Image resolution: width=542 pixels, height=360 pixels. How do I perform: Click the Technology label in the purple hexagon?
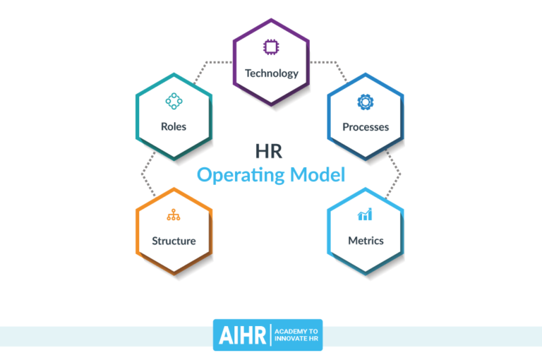tap(271, 73)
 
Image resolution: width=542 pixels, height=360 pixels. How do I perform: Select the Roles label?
tap(174, 127)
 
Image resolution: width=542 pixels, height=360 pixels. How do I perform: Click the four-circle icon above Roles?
tap(174, 102)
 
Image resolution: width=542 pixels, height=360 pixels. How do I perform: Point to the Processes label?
tap(366, 127)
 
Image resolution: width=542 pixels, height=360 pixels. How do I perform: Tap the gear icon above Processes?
tap(366, 102)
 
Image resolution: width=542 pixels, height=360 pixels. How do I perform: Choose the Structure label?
tap(174, 241)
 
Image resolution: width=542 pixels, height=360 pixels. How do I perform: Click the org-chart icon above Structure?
tap(174, 216)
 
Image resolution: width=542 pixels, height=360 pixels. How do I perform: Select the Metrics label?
tap(366, 241)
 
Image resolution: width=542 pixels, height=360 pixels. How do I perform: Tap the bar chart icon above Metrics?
tap(366, 215)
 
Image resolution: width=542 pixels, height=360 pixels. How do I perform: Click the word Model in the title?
tap(318, 174)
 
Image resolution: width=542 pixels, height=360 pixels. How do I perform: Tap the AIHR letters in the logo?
tap(240, 335)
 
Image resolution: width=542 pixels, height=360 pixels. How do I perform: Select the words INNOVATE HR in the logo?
tap(296, 340)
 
